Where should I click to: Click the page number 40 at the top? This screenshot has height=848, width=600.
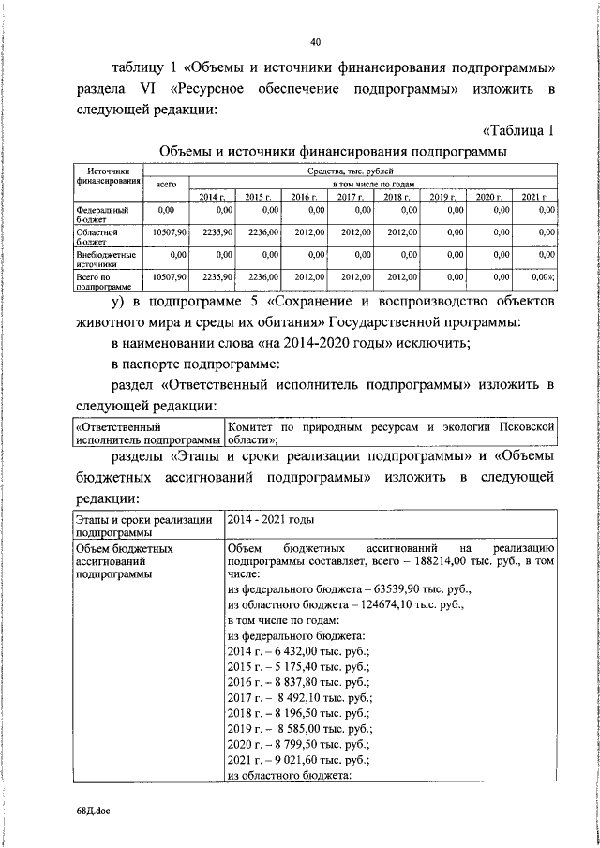tap(315, 41)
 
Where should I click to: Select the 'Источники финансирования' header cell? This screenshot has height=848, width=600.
tap(106, 177)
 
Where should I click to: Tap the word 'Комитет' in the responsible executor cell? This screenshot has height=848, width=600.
tap(252, 426)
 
